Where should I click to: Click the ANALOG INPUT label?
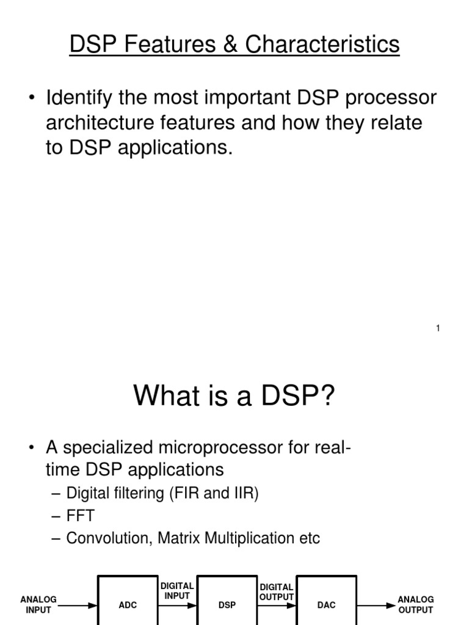(x=38, y=604)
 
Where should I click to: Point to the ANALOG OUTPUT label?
(x=415, y=604)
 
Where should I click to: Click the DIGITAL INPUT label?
(x=177, y=591)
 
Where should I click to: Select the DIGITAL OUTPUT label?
(x=277, y=592)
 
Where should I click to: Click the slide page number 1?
(x=438, y=329)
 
